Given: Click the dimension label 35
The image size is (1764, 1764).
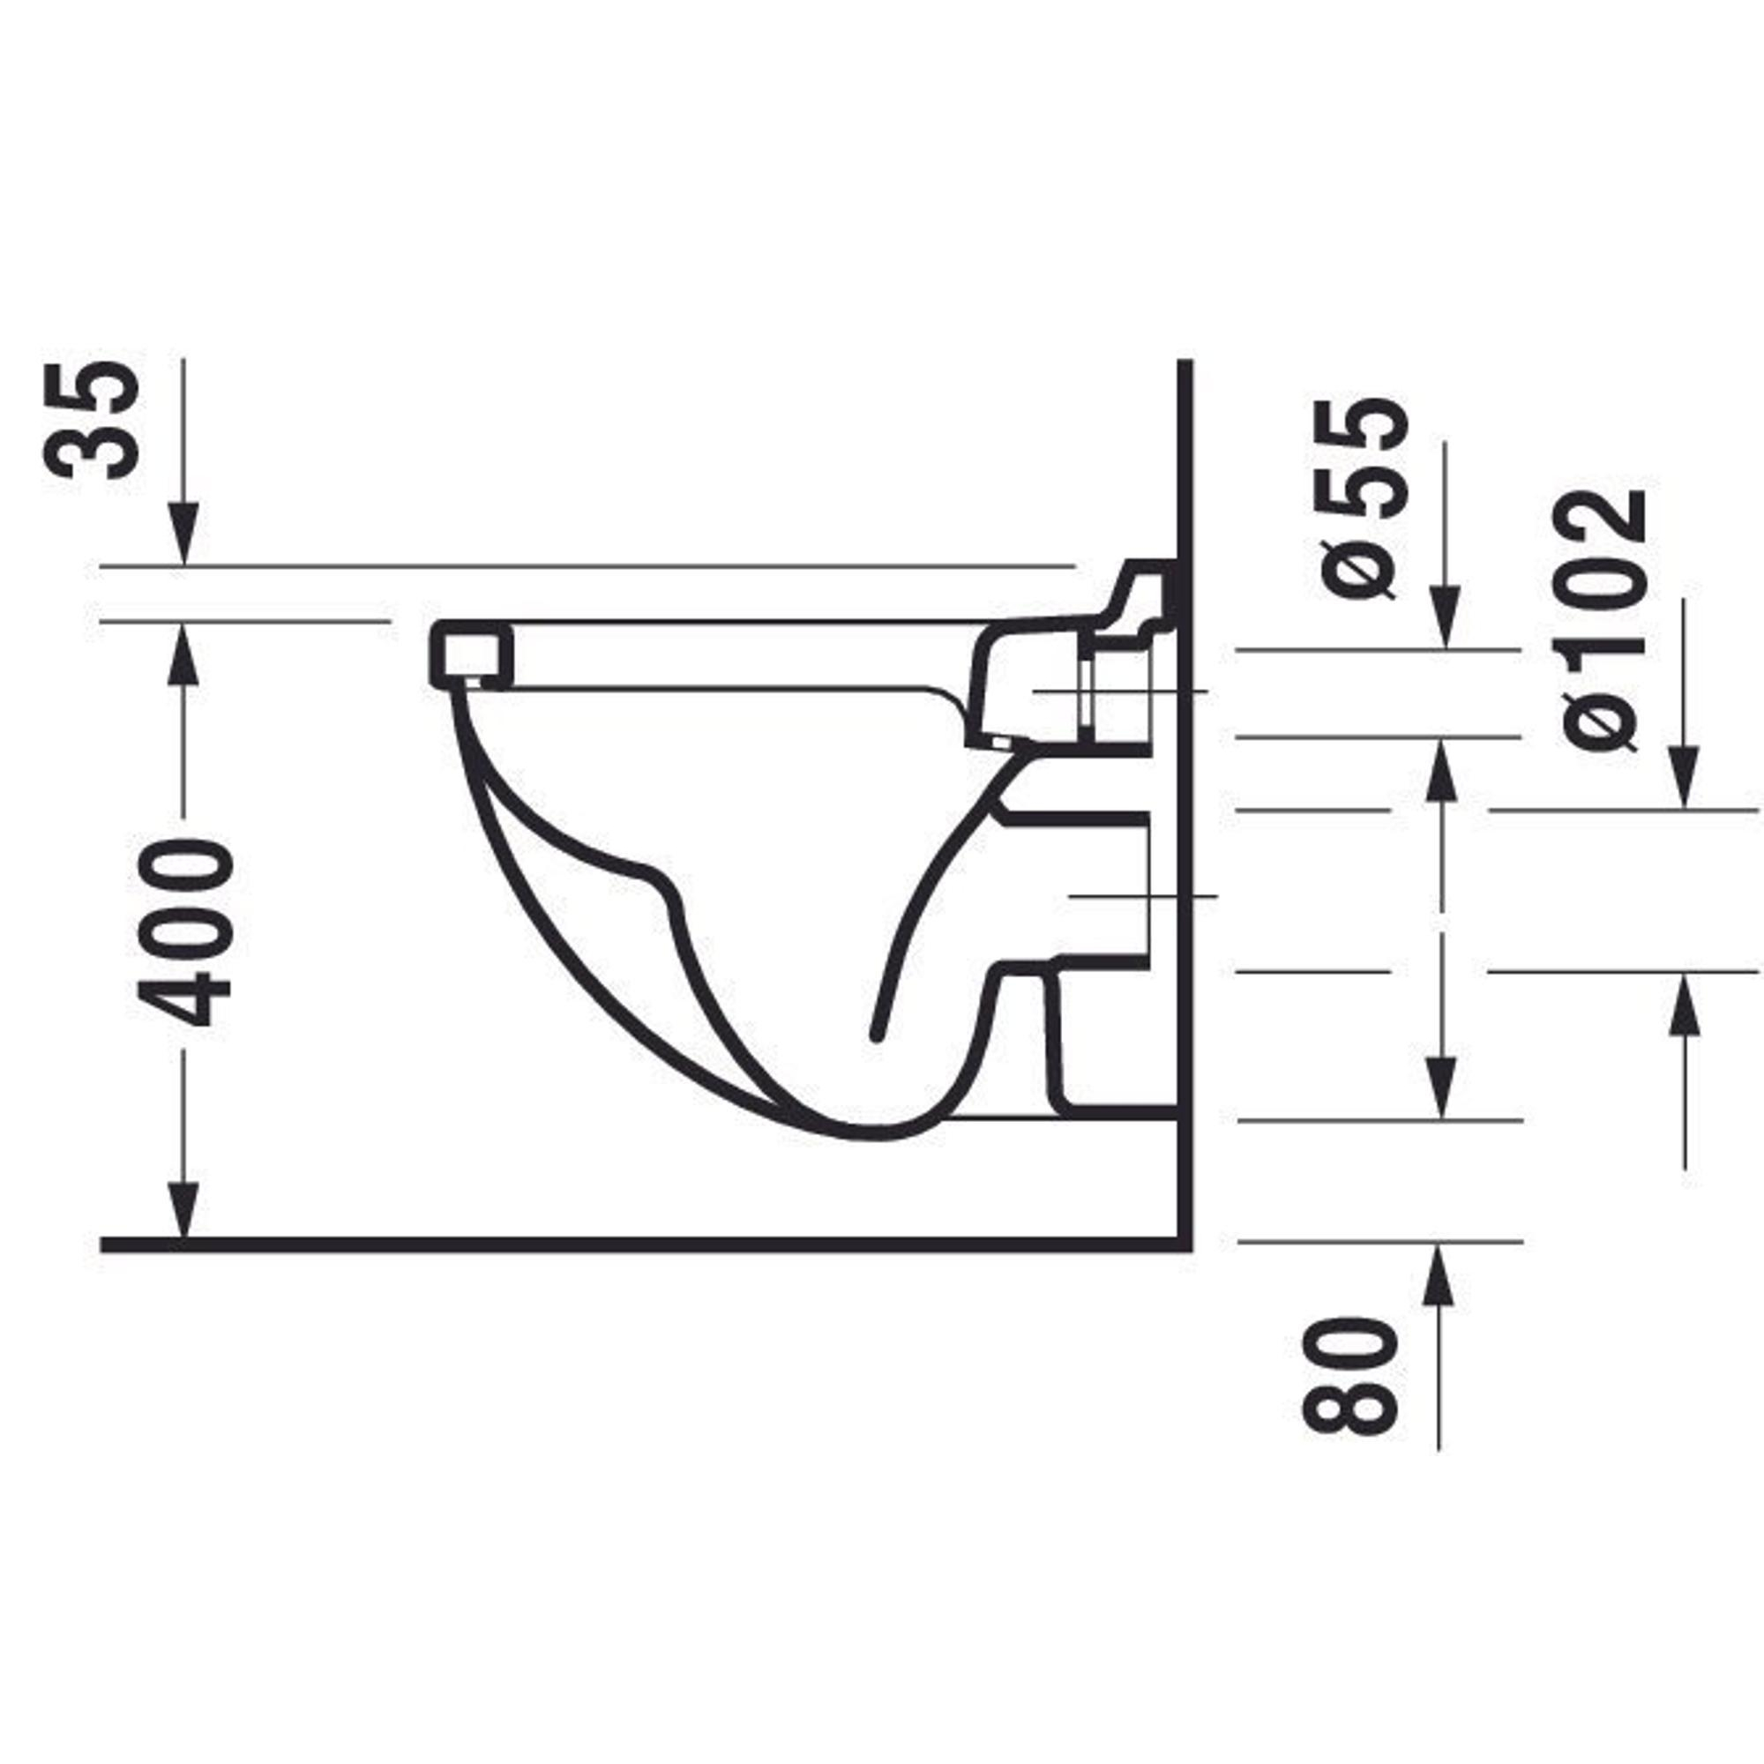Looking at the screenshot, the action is click(93, 421).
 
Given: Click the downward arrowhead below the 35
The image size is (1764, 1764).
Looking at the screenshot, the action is click(183, 534).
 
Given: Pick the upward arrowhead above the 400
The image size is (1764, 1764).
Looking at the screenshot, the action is click(183, 654).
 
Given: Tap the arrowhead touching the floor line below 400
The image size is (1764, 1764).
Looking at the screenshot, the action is click(183, 1211).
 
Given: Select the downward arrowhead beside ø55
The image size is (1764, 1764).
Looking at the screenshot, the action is click(1445, 619).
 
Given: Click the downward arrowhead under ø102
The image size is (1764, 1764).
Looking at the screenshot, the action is click(1685, 778).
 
